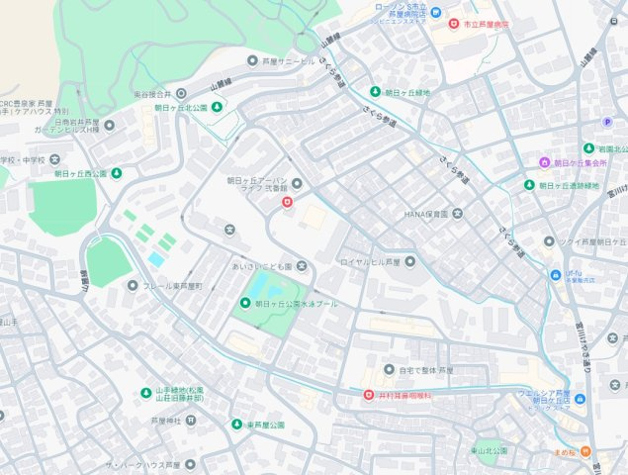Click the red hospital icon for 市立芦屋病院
pyautogui.click(x=453, y=23)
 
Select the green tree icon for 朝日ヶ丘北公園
pyautogui.click(x=218, y=107)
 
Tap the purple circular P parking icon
pyautogui.click(x=608, y=122)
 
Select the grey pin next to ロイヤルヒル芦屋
pyautogui.click(x=409, y=261)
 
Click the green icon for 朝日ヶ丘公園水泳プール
pyautogui.click(x=246, y=304)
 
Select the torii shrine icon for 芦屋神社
pyautogui.click(x=191, y=420)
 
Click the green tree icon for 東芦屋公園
pyautogui.click(x=236, y=425)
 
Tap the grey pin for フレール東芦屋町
pyautogui.click(x=133, y=286)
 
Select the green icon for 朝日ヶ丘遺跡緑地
pyautogui.click(x=528, y=185)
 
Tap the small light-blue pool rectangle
pyautogui.click(x=156, y=259)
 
